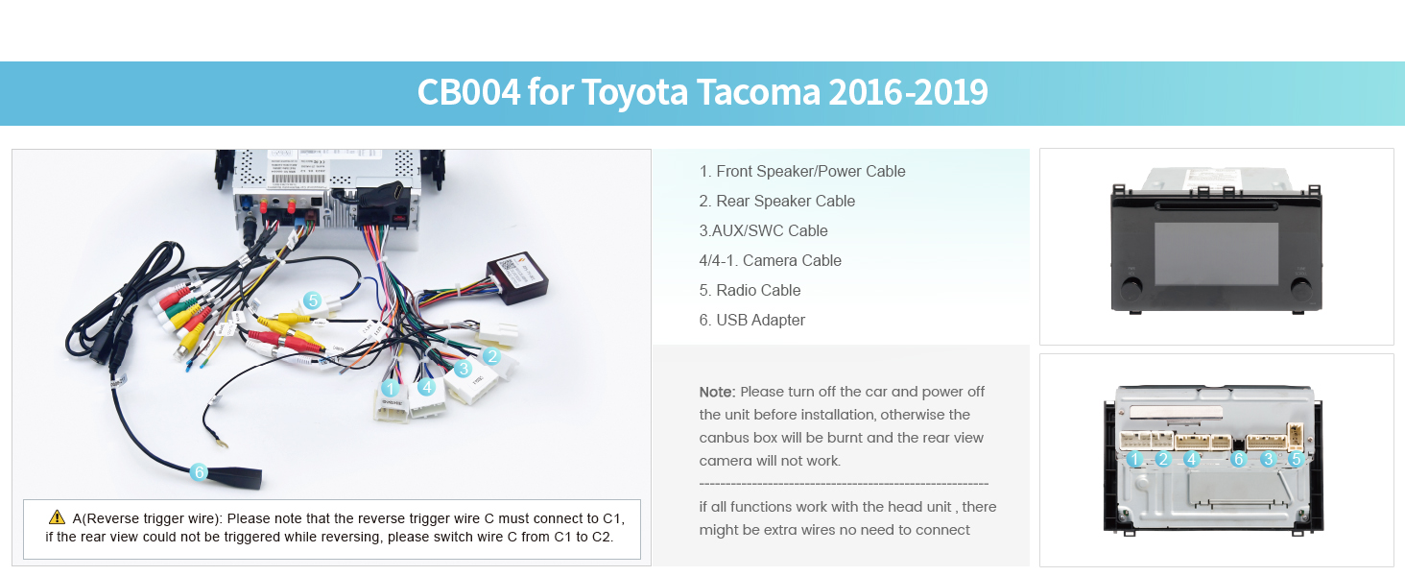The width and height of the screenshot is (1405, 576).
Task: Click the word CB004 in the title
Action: click(468, 92)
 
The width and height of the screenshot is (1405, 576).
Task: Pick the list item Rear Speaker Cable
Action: click(785, 201)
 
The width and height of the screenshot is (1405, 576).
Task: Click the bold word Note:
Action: click(717, 392)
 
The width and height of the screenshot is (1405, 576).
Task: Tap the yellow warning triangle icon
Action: click(57, 516)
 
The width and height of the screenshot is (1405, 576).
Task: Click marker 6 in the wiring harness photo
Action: click(199, 471)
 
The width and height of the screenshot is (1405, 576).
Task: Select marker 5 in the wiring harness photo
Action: click(312, 300)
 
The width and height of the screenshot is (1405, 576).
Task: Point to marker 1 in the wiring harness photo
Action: click(390, 389)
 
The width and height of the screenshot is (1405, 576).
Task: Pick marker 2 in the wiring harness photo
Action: click(491, 356)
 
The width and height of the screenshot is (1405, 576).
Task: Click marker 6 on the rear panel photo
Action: click(1238, 460)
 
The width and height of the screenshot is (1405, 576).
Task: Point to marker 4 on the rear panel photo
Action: click(1192, 460)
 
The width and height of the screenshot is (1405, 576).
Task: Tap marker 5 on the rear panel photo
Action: click(1296, 460)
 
